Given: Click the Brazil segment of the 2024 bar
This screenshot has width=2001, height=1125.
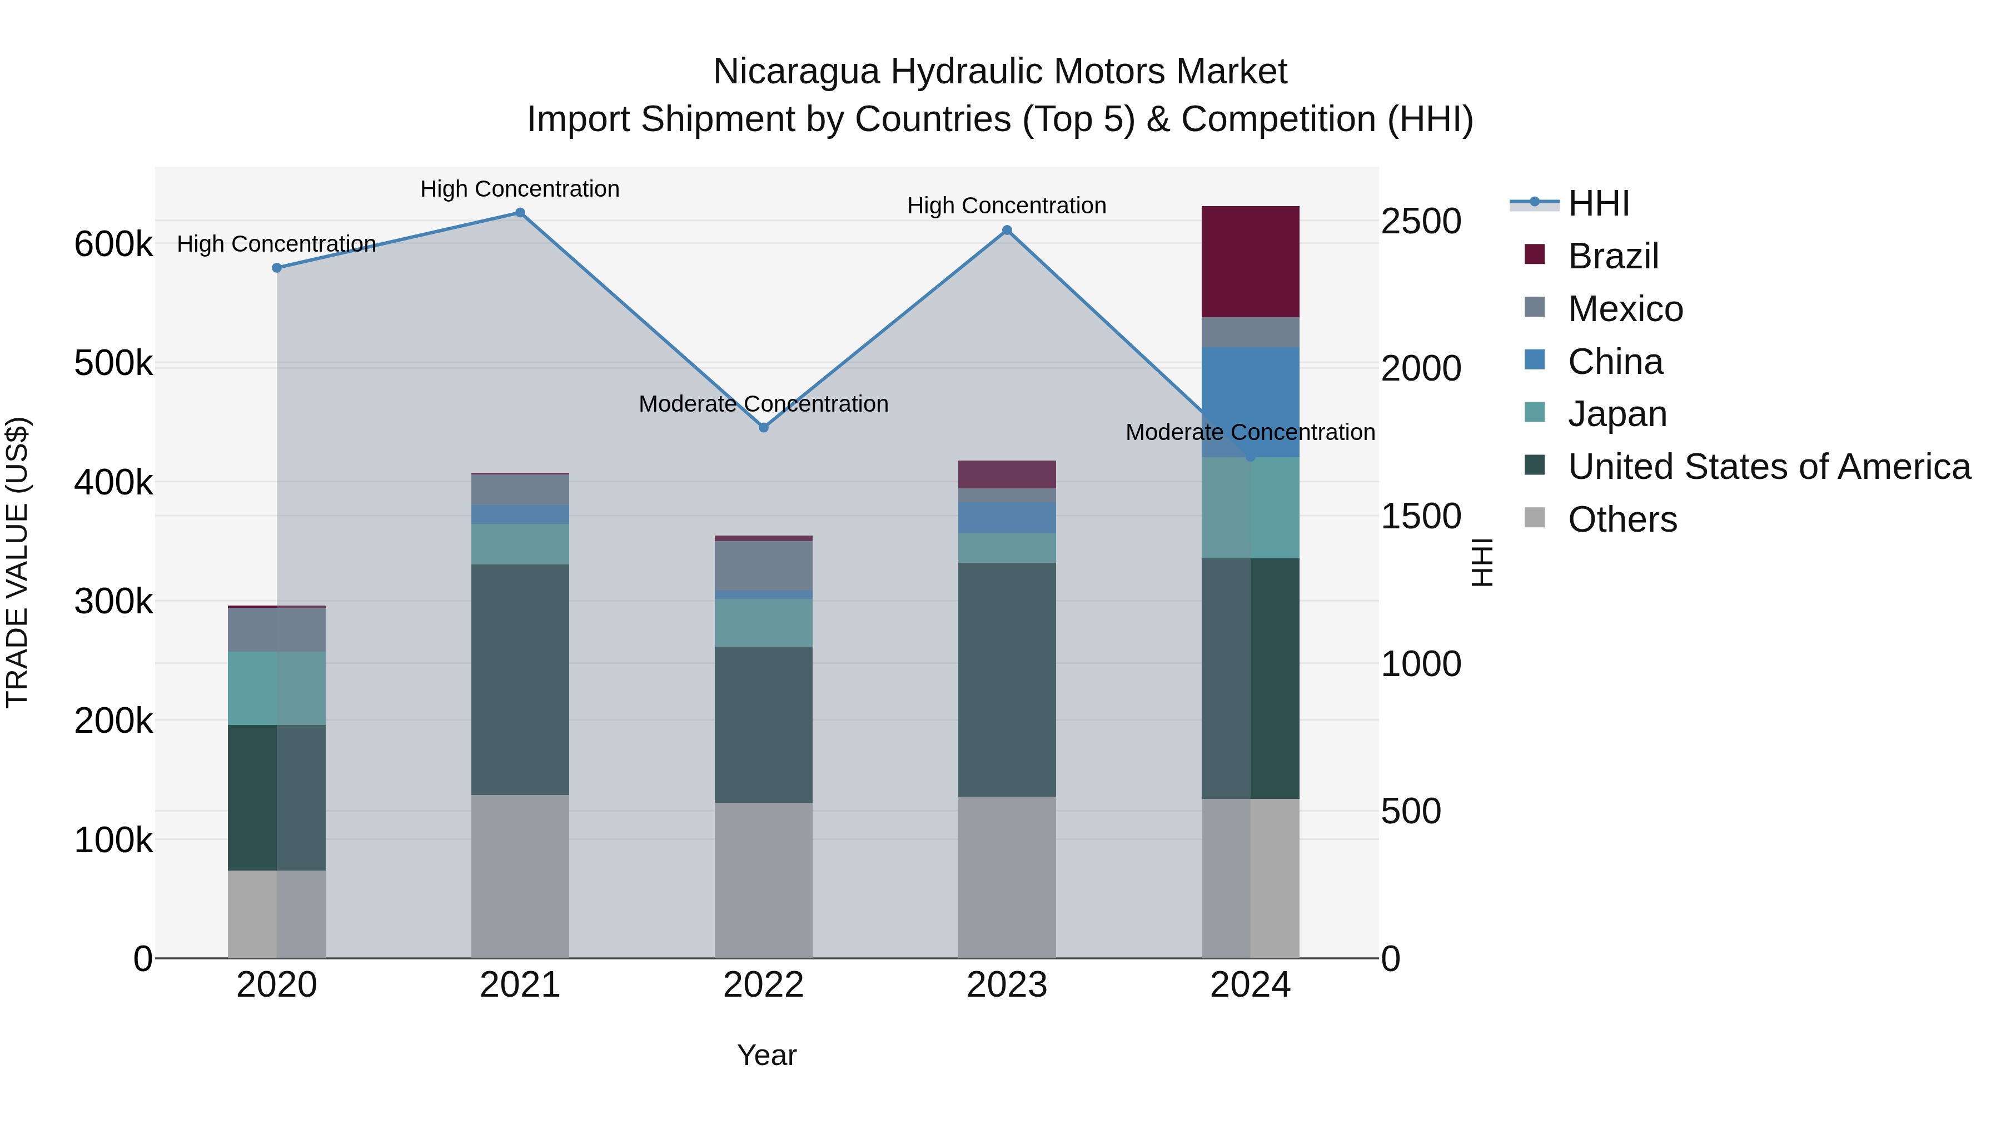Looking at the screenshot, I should click(x=1250, y=261).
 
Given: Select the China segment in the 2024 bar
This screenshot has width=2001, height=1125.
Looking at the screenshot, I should click(x=1250, y=388).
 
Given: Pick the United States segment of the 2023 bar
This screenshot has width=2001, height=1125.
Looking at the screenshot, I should click(x=1007, y=679).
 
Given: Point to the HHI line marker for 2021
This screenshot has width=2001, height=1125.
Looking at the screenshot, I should click(x=520, y=213).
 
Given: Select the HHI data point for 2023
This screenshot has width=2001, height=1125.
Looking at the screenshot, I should click(x=1007, y=230).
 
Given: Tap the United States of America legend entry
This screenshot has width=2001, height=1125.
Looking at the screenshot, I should click(x=1768, y=467).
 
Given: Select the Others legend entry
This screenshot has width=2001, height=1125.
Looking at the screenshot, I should click(x=1622, y=519).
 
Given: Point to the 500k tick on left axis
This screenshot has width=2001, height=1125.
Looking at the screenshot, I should click(x=113, y=363).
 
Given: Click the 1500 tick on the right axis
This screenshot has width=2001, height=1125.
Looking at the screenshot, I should click(x=1421, y=516).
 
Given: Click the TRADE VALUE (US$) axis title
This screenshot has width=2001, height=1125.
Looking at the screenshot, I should click(x=17, y=562).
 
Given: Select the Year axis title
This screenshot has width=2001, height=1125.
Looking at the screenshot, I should click(x=766, y=1055).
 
